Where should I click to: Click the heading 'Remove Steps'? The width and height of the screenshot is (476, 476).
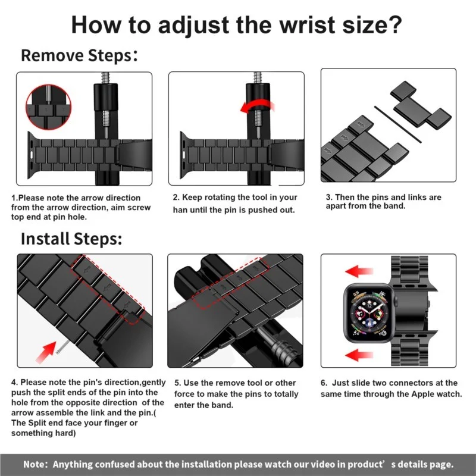click(x=77, y=56)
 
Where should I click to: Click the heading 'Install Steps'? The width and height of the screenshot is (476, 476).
click(x=71, y=239)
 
